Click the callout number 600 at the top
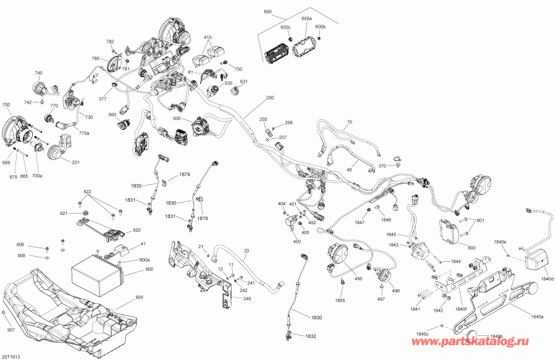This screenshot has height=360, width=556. coord(267,12)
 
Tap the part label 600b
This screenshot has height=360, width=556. coord(320,27)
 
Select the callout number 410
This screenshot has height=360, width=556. coord(207,37)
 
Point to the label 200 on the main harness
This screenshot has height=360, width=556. coord(269,98)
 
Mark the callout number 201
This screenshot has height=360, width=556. coord(76,163)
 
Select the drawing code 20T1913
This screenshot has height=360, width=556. coord(12,356)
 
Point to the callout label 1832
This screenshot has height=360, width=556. coord(311,336)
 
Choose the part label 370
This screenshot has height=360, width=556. coord(382,166)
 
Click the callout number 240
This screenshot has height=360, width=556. coord(247,298)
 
